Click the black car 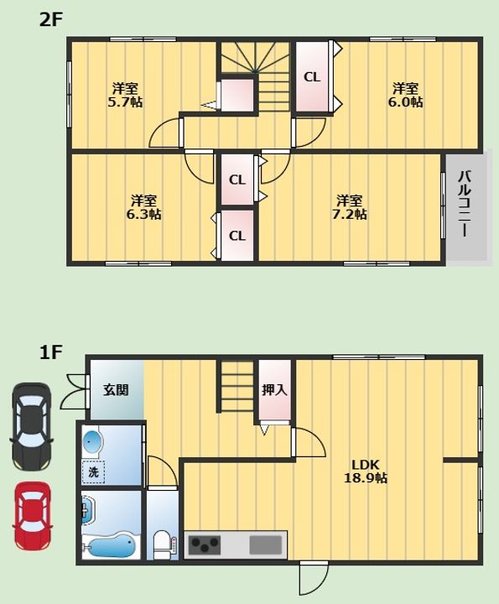(32, 426)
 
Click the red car (33, 516)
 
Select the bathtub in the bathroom (111, 546)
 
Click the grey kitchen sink (266, 545)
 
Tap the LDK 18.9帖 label (366, 471)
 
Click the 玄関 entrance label (116, 390)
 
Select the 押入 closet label (274, 390)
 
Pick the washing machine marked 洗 (93, 471)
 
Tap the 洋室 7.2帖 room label (350, 207)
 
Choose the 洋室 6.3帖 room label (144, 207)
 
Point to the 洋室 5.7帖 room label (125, 95)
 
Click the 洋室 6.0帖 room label (405, 95)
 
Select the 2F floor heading (50, 19)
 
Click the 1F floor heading (50, 352)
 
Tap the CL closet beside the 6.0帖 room (312, 77)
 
